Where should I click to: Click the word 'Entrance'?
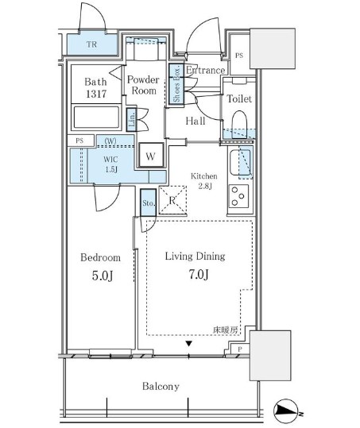coord(205,71)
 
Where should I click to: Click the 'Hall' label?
coord(195,121)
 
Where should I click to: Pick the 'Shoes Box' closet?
coord(174,83)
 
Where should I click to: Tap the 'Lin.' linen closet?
coord(132,121)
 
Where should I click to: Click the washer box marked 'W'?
coord(150,156)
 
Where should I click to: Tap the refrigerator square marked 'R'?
coord(172,199)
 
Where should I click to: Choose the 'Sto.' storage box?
coord(148,202)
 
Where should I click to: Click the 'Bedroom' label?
coord(101,257)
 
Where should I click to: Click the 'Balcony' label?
coord(161,387)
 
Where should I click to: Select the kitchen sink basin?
coord(239,164)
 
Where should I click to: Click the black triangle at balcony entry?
coord(189,344)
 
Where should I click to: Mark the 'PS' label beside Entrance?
coord(240,55)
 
